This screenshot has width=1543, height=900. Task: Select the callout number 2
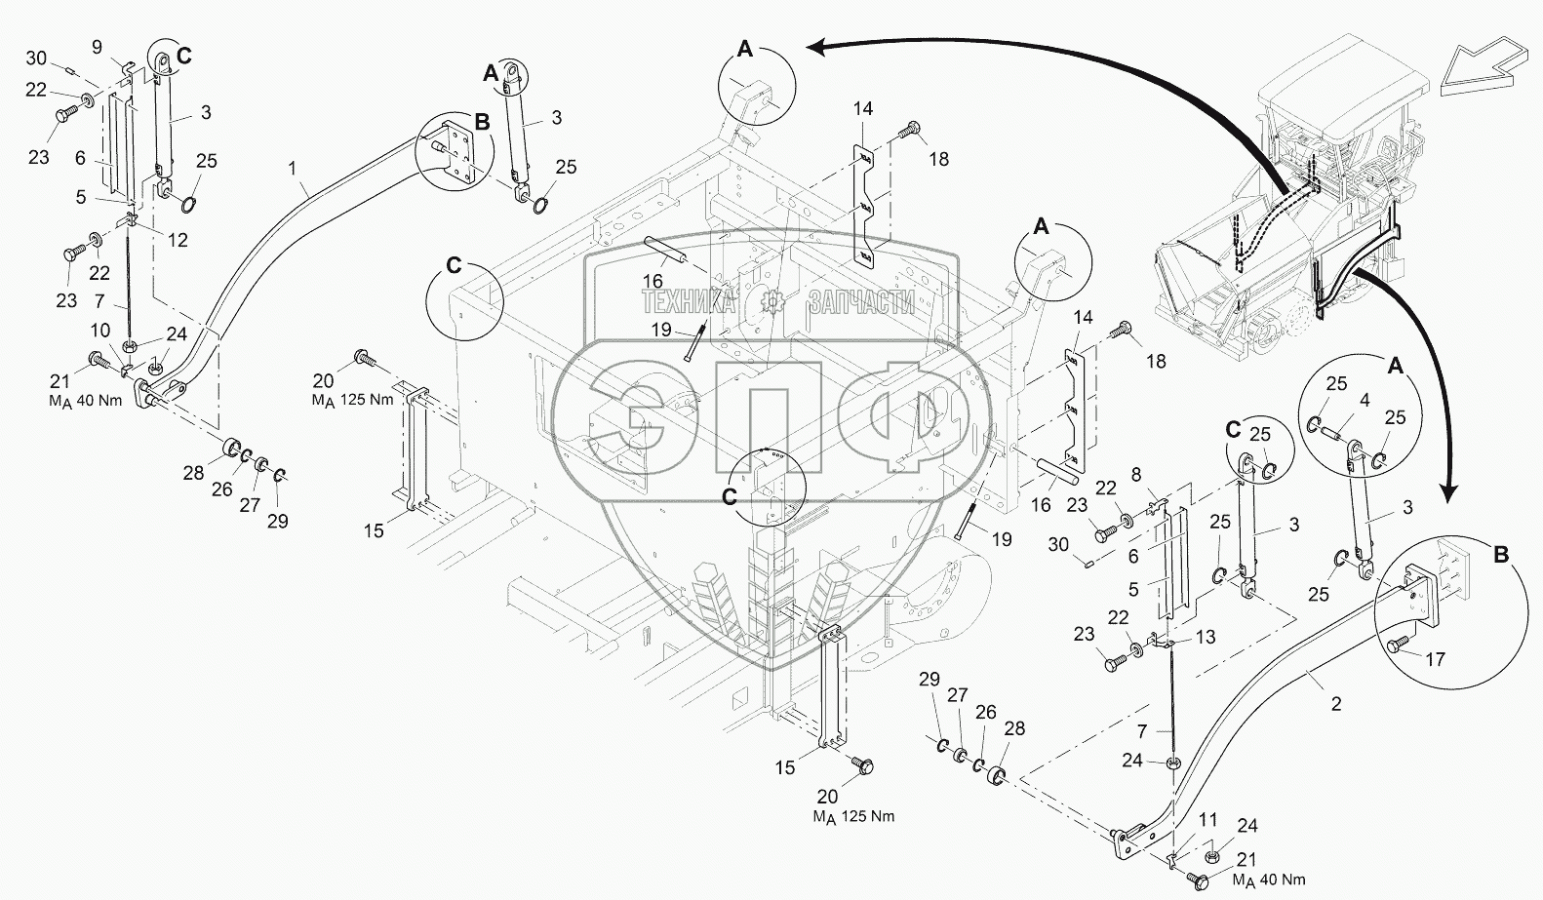coord(1336,704)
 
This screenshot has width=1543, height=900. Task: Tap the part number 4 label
coord(1365,400)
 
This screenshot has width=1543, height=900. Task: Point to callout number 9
coord(97,46)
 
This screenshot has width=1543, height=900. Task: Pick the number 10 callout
coord(100,333)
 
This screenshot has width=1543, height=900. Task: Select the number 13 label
coord(1207,637)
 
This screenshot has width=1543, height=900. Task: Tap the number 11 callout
coord(1181,820)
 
